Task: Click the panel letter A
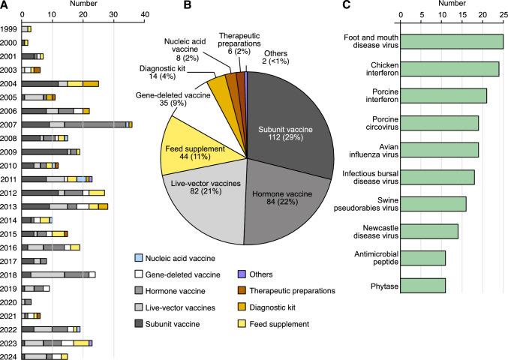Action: click(x=5, y=6)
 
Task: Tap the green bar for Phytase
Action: click(x=423, y=286)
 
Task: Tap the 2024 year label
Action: click(x=11, y=357)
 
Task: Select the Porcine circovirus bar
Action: click(x=440, y=123)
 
